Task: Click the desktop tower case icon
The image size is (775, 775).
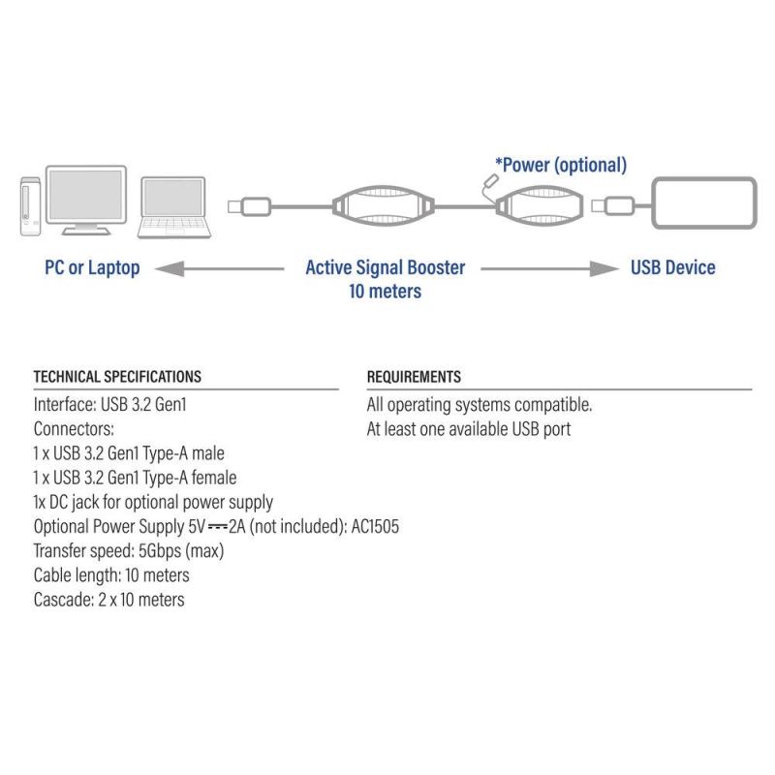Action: click(x=31, y=206)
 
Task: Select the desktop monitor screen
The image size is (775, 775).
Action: click(x=86, y=195)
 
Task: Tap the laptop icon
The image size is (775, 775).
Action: click(x=174, y=207)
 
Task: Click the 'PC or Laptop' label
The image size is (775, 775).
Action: click(x=92, y=268)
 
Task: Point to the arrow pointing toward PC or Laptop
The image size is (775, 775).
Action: click(x=220, y=269)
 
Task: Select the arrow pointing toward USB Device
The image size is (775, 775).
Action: click(x=549, y=269)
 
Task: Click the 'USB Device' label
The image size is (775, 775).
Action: click(x=672, y=267)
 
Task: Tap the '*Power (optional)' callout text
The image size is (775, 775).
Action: click(x=561, y=165)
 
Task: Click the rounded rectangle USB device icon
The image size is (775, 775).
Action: click(x=704, y=202)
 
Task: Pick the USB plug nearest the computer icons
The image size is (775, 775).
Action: click(x=249, y=206)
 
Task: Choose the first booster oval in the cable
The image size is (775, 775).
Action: click(x=384, y=206)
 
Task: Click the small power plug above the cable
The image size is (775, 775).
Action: click(x=490, y=181)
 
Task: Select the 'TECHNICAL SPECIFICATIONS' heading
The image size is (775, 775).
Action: click(x=117, y=377)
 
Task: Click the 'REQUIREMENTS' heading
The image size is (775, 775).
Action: click(x=414, y=377)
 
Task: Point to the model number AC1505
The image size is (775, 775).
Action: click(x=375, y=526)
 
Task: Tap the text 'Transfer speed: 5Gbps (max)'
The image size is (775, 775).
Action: click(x=129, y=550)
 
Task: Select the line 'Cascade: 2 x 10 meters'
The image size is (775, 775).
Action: click(x=109, y=600)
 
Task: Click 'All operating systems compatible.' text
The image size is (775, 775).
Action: click(x=480, y=405)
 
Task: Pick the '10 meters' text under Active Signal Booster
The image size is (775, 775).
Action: click(x=385, y=292)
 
